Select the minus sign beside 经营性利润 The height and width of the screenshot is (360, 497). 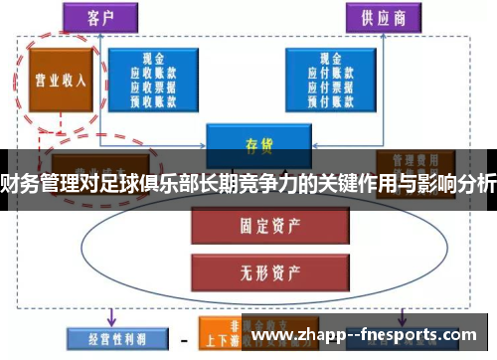point(185,341)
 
